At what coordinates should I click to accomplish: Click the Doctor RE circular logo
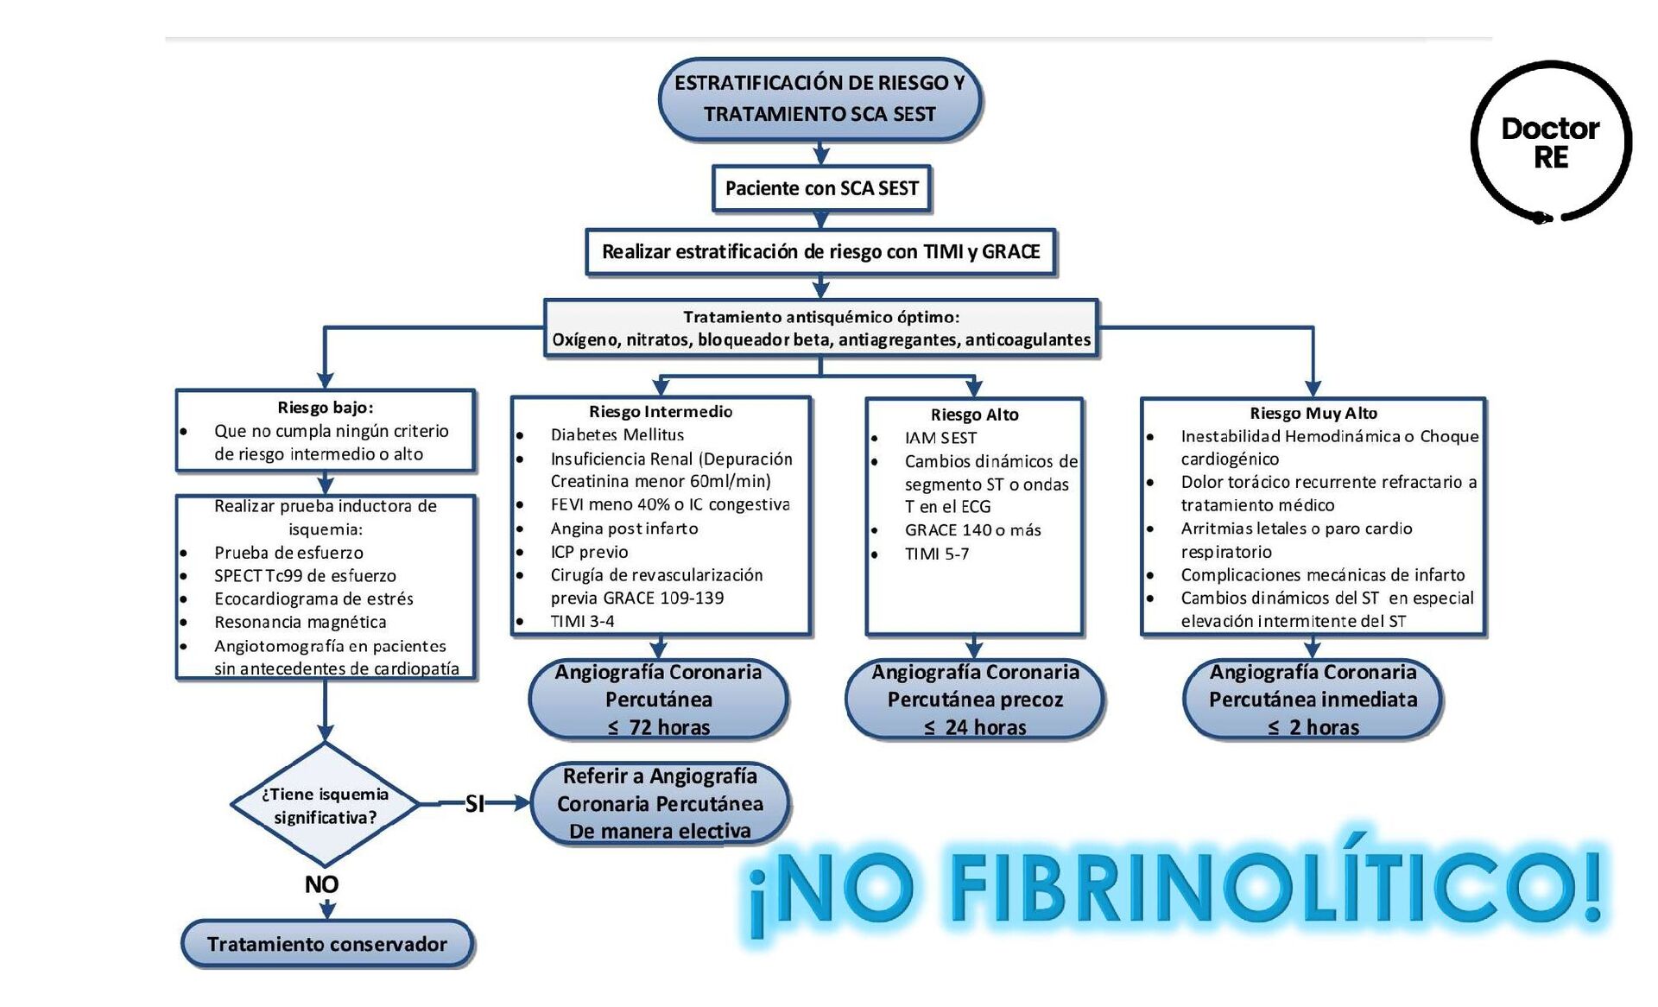[1551, 142]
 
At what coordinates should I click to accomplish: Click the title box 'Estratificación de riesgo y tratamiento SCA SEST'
[820, 98]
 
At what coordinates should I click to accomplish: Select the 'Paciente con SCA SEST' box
[821, 188]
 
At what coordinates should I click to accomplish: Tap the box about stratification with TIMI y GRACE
[820, 252]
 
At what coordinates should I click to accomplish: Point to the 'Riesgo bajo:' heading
[325, 408]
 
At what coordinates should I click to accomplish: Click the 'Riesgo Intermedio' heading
[661, 412]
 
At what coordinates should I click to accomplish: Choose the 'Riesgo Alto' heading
[974, 415]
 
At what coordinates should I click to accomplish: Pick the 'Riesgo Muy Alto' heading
[1313, 414]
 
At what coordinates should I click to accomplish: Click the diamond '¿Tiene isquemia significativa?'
[325, 805]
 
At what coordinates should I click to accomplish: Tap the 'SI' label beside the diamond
[474, 804]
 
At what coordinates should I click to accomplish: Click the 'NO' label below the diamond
[321, 884]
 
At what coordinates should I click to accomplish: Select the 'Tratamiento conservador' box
[327, 944]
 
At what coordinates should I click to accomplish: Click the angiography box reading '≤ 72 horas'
[658, 700]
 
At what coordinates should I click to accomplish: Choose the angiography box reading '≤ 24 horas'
[975, 700]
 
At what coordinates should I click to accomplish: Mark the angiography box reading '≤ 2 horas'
[1313, 700]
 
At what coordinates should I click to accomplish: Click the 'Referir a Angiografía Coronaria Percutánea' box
[660, 803]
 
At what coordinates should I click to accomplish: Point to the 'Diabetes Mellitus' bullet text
[617, 435]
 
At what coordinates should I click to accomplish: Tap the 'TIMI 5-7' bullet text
[936, 554]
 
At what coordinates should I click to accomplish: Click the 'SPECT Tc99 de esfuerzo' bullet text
[305, 576]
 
